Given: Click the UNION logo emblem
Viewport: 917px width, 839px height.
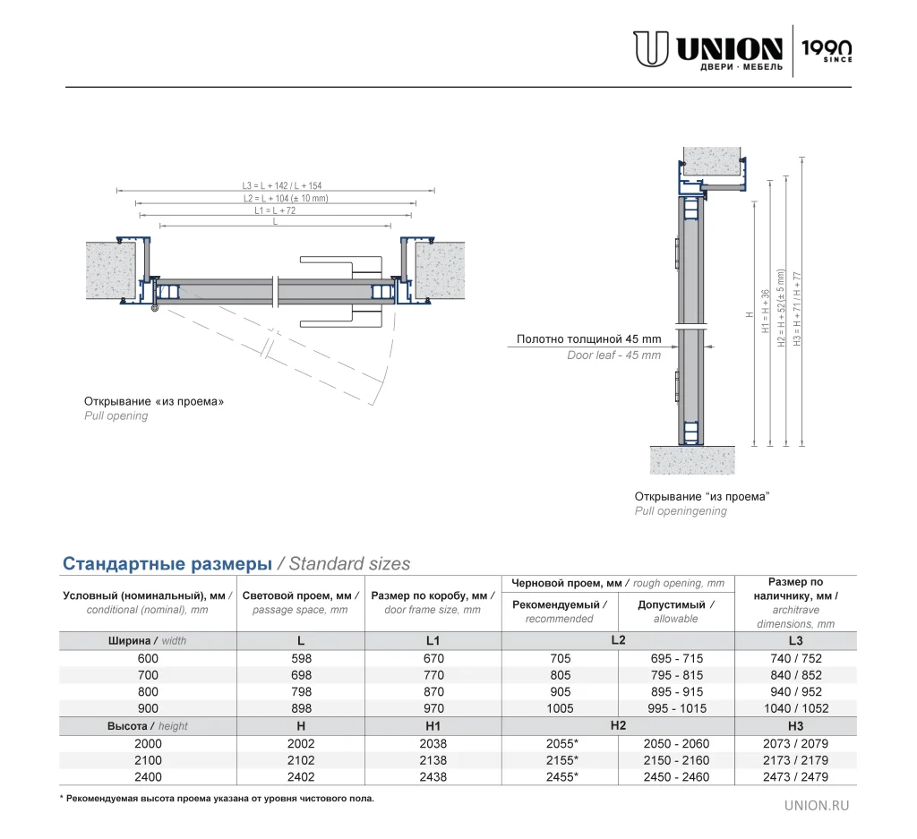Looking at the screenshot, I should (x=651, y=49).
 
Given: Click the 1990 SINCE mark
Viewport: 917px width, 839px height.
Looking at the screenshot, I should (x=826, y=50).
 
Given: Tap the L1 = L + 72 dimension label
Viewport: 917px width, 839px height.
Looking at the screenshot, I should (x=274, y=210).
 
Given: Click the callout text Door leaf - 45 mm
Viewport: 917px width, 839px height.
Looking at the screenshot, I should (x=613, y=355).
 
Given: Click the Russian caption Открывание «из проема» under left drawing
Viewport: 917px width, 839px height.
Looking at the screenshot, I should (x=154, y=401).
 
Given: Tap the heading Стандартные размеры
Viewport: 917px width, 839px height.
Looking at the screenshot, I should (x=167, y=563).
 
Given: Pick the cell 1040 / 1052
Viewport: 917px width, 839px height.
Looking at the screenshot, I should (x=795, y=708).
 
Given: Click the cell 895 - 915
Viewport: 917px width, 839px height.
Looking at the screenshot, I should (x=676, y=691).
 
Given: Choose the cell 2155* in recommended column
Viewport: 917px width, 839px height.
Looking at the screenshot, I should (x=561, y=760).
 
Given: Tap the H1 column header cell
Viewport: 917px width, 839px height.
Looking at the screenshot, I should (x=433, y=725).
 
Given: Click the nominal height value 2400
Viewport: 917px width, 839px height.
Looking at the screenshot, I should (x=148, y=777).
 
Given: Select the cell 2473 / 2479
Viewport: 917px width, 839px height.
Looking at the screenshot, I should (x=795, y=777).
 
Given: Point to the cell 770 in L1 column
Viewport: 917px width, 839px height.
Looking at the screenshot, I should (x=433, y=675).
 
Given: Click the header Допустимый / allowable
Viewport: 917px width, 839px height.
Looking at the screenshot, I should (x=676, y=611).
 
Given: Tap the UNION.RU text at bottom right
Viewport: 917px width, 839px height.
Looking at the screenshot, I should (x=816, y=805).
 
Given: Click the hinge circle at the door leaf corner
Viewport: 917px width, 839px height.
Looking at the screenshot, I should (x=155, y=309).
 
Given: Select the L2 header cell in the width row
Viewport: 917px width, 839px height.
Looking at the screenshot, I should (x=618, y=639).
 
